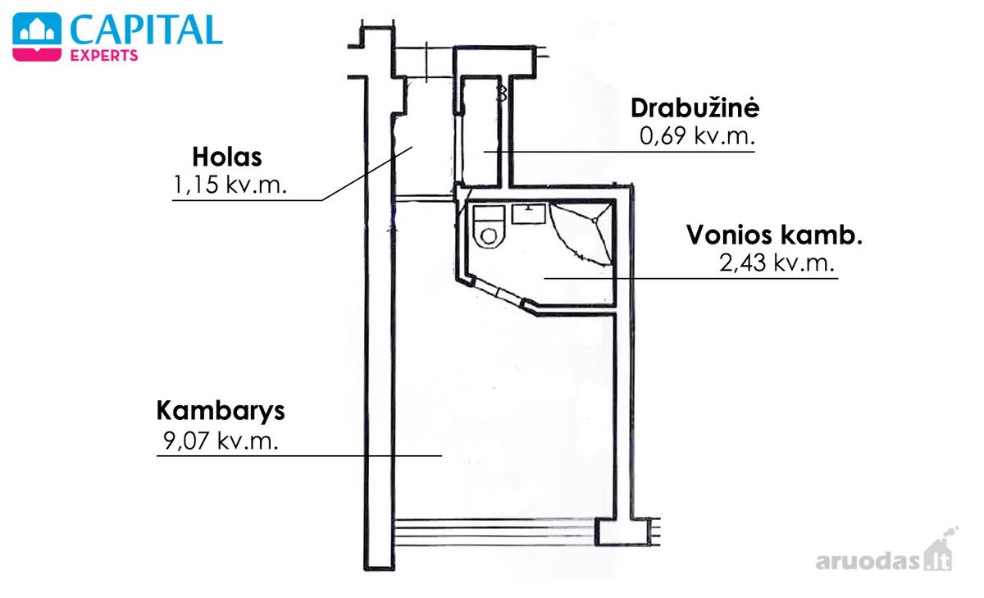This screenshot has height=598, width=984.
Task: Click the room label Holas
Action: click(227, 157)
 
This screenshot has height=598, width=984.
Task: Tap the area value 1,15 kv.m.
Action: click(230, 185)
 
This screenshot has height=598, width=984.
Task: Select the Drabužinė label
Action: click(695, 107)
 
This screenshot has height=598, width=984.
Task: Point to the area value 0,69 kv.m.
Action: click(697, 136)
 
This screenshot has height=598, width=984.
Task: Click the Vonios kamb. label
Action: click(774, 235)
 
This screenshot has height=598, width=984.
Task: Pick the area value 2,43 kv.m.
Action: click(777, 262)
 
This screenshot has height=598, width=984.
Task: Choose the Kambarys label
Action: click(221, 412)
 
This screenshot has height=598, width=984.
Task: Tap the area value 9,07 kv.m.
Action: click(221, 441)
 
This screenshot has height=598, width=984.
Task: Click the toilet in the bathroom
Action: click(489, 226)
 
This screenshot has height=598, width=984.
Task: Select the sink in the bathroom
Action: click(529, 214)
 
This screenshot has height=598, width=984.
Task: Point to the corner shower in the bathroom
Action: click(581, 233)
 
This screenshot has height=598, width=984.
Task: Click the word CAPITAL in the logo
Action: click(146, 30)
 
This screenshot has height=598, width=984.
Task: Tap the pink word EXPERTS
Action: click(104, 55)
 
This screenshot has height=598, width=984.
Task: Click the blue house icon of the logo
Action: click(37, 29)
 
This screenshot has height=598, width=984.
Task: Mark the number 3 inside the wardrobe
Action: click(501, 94)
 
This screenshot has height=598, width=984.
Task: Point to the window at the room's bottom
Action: click(495, 532)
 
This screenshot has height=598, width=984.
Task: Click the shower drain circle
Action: click(594, 220)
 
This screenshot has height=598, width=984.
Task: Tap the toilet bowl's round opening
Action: click(489, 236)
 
